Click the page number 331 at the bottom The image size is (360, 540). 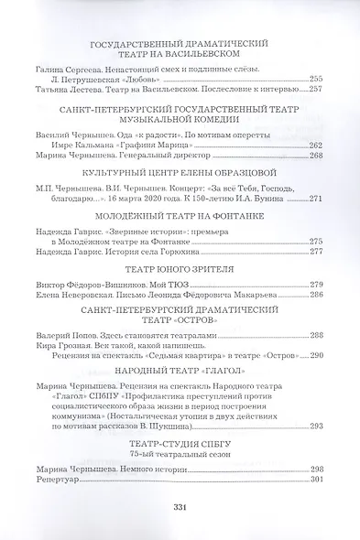coord(180,509)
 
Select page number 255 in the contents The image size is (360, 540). coord(316,79)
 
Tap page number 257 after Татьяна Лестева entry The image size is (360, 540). coord(316,90)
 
